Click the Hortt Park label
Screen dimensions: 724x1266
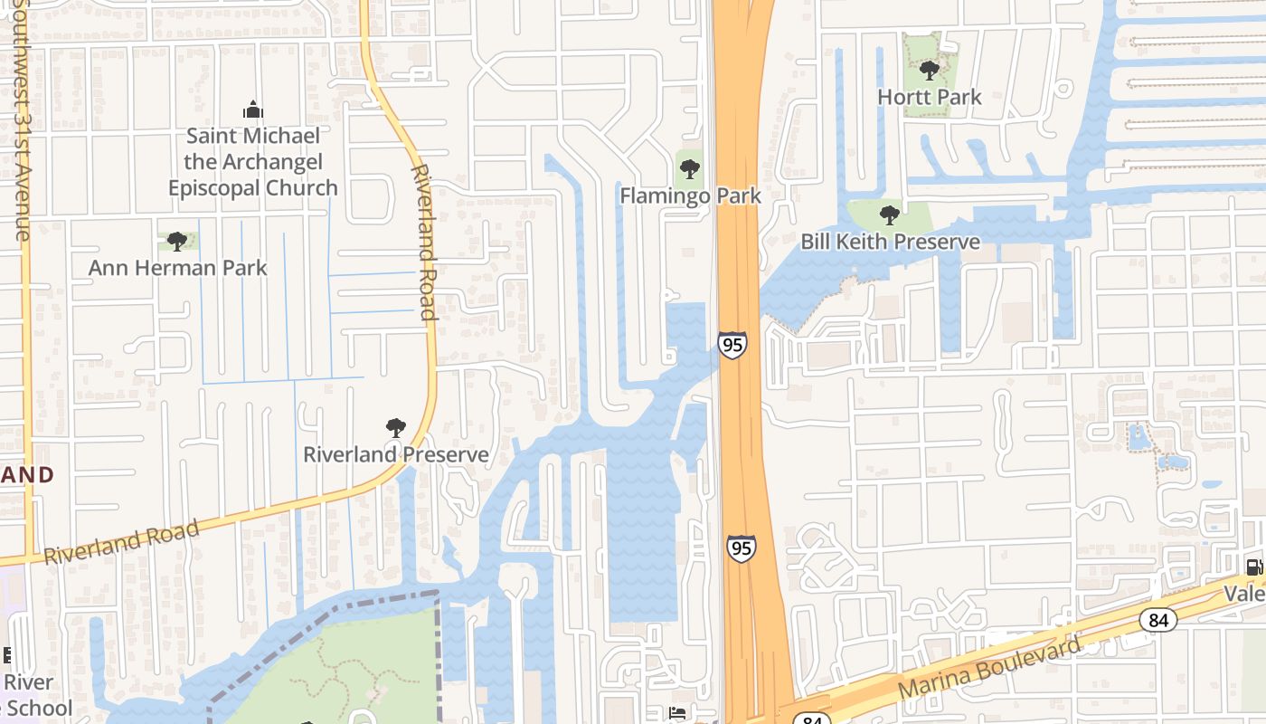pos(929,97)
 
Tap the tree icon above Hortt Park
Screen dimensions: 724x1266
pos(929,71)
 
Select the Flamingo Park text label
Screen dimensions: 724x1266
pos(690,195)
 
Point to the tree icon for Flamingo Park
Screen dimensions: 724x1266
pos(690,168)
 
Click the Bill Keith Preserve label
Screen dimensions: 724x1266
pos(890,242)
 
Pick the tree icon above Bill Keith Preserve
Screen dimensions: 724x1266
pos(890,215)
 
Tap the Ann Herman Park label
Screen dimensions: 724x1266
pos(177,268)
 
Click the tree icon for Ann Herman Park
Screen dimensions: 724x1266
pos(177,242)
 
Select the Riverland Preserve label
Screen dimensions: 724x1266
pos(395,454)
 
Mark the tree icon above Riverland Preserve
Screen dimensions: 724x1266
pos(395,428)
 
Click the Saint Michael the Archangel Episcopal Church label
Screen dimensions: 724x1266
pos(252,162)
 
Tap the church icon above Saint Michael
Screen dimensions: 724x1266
pos(252,110)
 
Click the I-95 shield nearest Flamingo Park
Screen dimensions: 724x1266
pos(732,345)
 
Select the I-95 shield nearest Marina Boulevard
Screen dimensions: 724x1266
pos(741,548)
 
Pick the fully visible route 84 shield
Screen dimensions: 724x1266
pos(1157,620)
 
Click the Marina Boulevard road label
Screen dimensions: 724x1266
pos(989,669)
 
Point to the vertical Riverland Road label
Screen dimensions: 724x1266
pos(423,243)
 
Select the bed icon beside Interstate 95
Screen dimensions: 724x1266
pos(676,713)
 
